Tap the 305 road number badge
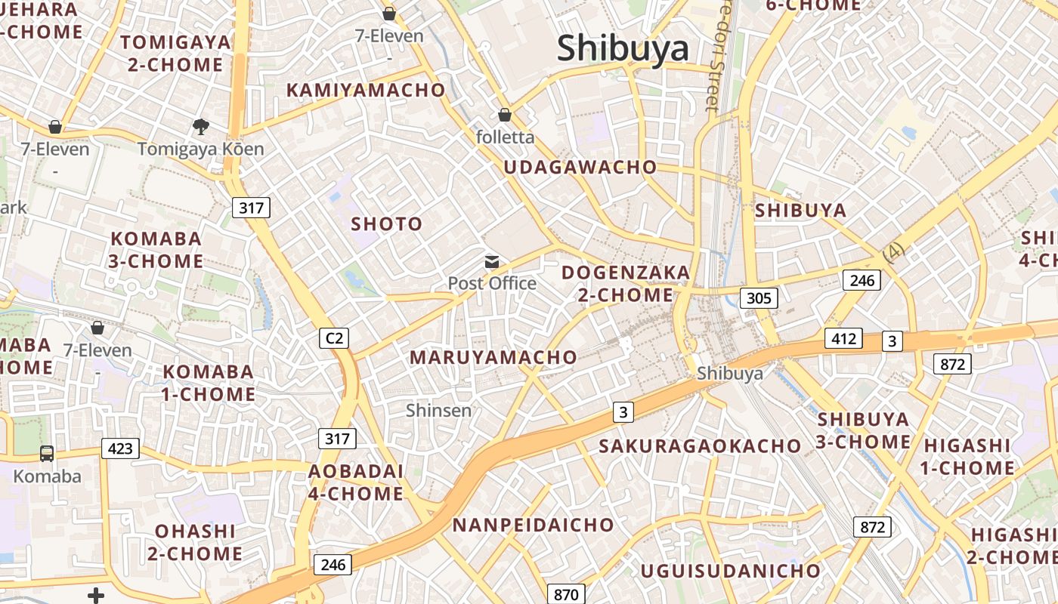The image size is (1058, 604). coord(758,298)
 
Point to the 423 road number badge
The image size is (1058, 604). coord(120,449)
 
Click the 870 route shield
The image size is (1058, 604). coord(565,594)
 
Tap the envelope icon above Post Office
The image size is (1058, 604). coord(492,262)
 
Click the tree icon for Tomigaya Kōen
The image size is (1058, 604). coord(200,126)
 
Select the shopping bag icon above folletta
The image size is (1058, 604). coord(505,116)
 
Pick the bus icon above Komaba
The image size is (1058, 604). coord(47,454)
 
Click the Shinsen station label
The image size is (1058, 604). coord(438,411)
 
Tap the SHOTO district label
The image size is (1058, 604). coord(387,224)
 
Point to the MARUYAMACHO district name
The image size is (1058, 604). coord(493,358)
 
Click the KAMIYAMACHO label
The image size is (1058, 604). coord(366,91)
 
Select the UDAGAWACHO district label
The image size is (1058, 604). coord(580,168)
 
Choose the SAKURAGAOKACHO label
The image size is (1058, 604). coord(700,446)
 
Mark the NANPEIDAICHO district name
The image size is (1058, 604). coord(534,525)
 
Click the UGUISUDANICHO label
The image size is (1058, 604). coord(730,571)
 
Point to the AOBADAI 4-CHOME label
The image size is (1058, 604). coord(356,482)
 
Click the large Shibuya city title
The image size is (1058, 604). coord(623,49)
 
